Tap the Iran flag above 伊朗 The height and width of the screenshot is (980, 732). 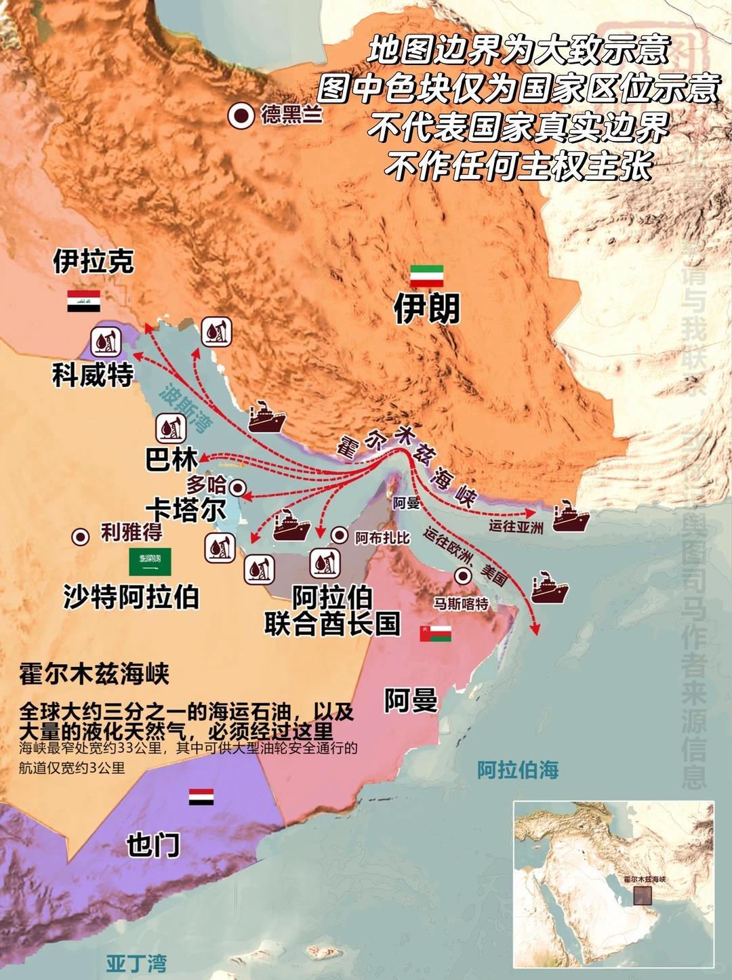426,276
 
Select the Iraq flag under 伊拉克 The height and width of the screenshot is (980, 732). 83,301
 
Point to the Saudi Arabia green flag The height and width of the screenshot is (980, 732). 150,562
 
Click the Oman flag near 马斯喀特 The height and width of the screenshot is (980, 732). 435,634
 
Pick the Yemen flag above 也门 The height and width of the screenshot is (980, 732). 201,796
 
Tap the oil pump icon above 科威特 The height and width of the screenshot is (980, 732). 106,341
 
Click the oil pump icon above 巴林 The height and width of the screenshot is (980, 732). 170,428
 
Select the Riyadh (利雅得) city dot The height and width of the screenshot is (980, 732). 81,537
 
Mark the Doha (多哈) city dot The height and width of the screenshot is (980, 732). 237,487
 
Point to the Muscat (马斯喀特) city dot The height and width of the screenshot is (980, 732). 464,577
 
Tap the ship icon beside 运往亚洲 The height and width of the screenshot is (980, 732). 570,517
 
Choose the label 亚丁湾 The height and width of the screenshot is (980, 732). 136,963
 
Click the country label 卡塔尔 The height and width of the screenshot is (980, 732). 186,510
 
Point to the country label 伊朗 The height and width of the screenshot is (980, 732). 426,309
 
